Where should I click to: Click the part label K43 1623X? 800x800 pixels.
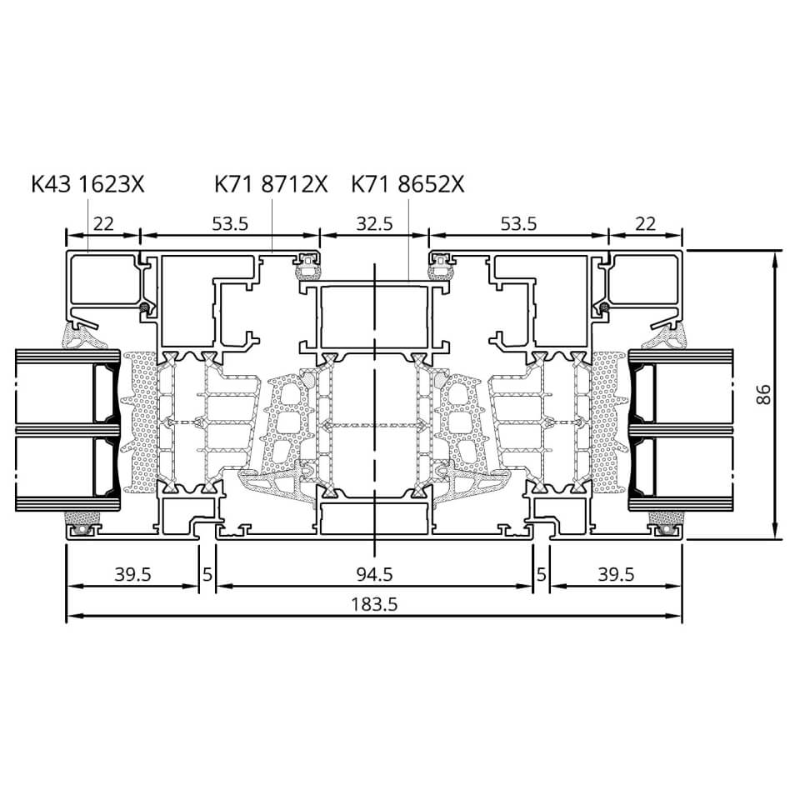click(87, 184)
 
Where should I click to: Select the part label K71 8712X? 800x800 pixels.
click(271, 184)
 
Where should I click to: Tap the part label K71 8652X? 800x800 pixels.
click(407, 184)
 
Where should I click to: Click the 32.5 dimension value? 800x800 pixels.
click(374, 223)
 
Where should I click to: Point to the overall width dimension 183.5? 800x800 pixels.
click(374, 605)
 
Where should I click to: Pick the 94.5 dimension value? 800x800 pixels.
click(374, 574)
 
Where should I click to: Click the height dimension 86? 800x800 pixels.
click(763, 394)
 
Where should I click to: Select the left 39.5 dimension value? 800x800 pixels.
click(132, 574)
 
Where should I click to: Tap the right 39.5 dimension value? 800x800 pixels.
click(616, 574)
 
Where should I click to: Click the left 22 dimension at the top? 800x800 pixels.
click(103, 223)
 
